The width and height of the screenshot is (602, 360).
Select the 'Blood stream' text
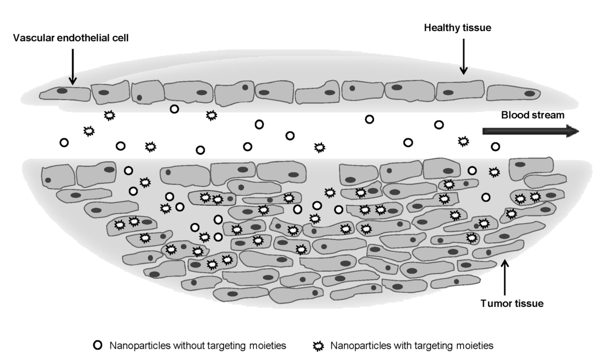pyautogui.click(x=532, y=115)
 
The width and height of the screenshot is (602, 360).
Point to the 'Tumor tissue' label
pyautogui.click(x=511, y=304)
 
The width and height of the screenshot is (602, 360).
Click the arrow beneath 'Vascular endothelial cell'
pyautogui.click(x=72, y=66)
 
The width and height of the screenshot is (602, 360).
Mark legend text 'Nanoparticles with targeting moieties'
pyautogui.click(x=412, y=346)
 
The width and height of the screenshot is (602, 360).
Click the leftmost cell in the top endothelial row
pyautogui.click(x=65, y=93)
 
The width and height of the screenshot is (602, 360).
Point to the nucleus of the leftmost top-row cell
pyautogui.click(x=62, y=91)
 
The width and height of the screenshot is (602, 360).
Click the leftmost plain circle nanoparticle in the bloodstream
pyautogui.click(x=64, y=142)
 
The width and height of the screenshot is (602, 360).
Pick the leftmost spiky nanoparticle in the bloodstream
pyautogui.click(x=89, y=131)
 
